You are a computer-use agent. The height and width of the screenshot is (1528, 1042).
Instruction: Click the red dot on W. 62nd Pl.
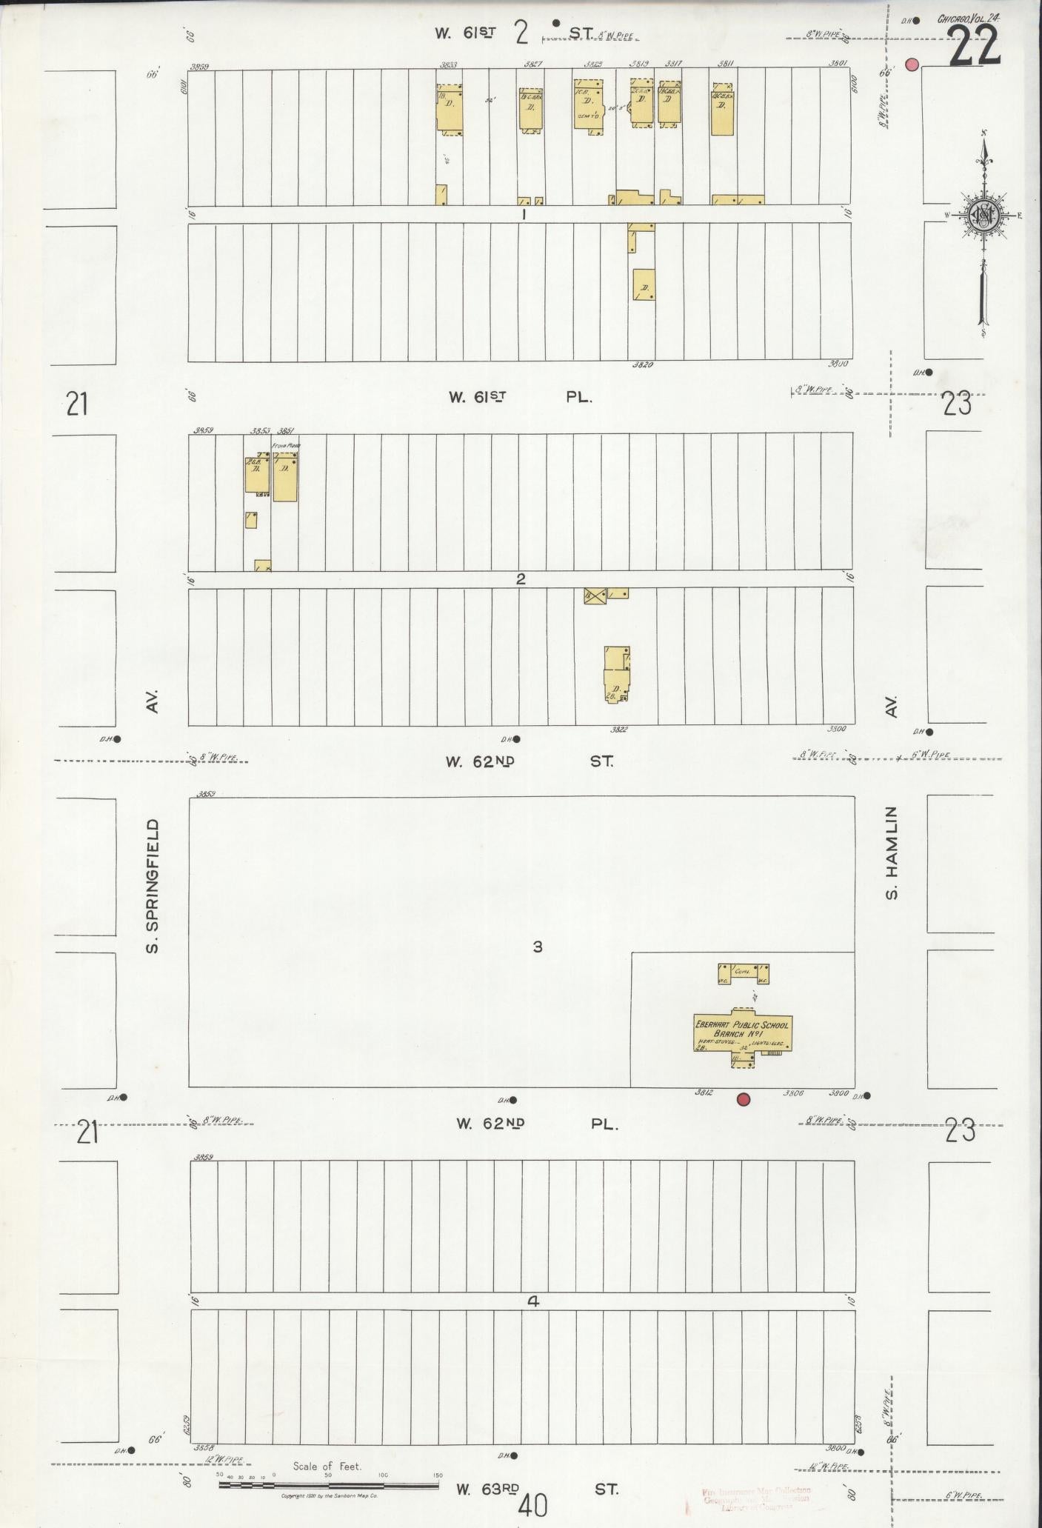click(744, 1099)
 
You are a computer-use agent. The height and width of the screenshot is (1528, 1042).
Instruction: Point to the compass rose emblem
click(984, 216)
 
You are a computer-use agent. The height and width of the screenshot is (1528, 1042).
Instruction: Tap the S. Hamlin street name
click(892, 853)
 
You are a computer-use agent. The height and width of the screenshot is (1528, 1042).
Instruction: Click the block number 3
click(538, 946)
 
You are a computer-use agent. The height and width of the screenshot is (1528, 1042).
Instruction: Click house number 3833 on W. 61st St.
click(448, 65)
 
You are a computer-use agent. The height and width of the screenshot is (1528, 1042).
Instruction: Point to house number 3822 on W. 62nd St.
click(618, 730)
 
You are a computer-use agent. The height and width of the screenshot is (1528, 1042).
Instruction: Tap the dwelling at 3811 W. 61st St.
click(722, 110)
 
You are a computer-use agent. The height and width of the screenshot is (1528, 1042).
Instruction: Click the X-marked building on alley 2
click(595, 595)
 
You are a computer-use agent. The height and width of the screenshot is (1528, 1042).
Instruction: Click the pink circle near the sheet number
click(912, 65)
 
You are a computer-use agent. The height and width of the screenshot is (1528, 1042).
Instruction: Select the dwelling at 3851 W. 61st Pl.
click(285, 478)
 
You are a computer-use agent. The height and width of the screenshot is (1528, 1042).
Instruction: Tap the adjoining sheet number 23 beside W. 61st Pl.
click(957, 405)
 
